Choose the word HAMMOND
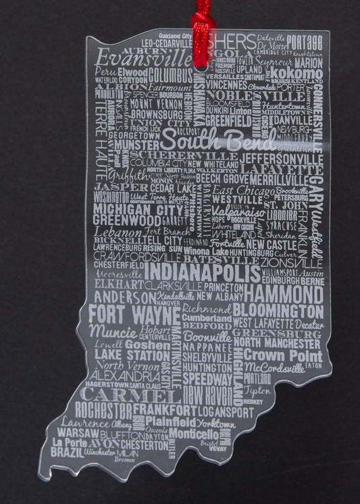pyautogui.click(x=284, y=294)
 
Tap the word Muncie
pyautogui.click(x=113, y=331)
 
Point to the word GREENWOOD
pyautogui.click(x=127, y=220)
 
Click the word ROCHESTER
pyautogui.click(x=103, y=410)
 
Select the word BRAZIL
pyautogui.click(x=67, y=451)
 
